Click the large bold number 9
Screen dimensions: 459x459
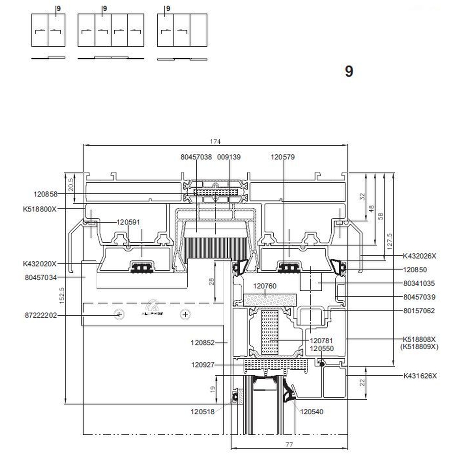pyautogui.click(x=349, y=71)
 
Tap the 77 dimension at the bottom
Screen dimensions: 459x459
pyautogui.click(x=289, y=444)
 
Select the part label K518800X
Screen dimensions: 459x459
pyautogui.click(x=40, y=209)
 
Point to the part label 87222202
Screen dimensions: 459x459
pyautogui.click(x=41, y=315)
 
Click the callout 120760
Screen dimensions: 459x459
pyautogui.click(x=264, y=286)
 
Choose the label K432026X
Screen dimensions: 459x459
pyautogui.click(x=419, y=256)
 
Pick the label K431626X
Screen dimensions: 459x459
pyautogui.click(x=420, y=376)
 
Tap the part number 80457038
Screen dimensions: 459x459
pyautogui.click(x=196, y=157)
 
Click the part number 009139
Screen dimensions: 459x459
pyautogui.click(x=229, y=157)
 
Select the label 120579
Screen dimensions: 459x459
pyautogui.click(x=283, y=157)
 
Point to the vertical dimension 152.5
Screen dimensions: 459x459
pyautogui.click(x=62, y=296)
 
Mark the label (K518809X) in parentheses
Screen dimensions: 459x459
pyautogui.click(x=419, y=347)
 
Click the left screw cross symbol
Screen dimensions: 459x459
pyautogui.click(x=119, y=314)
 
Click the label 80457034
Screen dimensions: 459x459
pyautogui.click(x=41, y=278)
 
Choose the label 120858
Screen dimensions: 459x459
pyautogui.click(x=45, y=194)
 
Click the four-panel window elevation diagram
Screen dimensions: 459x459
pyautogui.click(x=111, y=30)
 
